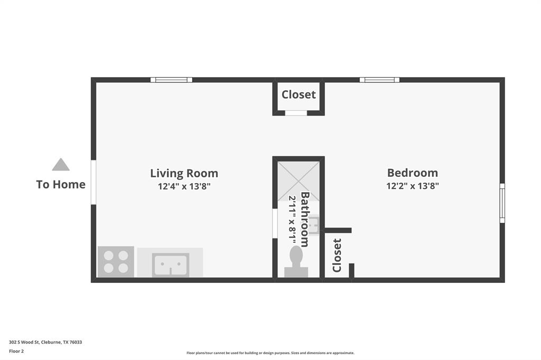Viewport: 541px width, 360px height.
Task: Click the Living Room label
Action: [x=184, y=173]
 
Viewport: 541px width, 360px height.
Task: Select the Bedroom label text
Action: [x=412, y=173]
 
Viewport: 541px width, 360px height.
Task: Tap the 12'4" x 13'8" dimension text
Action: [x=184, y=186]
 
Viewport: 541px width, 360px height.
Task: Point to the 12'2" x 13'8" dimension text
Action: [x=412, y=186]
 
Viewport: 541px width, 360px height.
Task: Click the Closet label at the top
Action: [x=299, y=94]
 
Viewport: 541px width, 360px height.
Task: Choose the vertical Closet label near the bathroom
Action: [x=337, y=255]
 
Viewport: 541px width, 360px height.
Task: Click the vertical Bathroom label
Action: [x=305, y=219]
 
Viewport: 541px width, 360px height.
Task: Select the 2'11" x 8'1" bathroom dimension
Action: [x=293, y=218]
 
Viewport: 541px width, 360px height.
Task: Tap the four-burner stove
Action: [x=116, y=262]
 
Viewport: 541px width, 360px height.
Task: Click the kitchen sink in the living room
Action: [x=170, y=264]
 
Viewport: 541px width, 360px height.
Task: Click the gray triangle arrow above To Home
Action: [x=61, y=165]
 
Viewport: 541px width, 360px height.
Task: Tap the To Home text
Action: [x=61, y=184]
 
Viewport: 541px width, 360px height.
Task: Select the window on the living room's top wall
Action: [x=171, y=80]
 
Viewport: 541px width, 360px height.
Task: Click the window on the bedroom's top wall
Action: [x=379, y=80]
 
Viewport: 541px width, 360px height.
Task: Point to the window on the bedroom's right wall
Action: [x=502, y=203]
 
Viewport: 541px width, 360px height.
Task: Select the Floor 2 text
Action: [x=16, y=351]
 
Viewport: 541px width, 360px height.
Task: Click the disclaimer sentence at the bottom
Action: [x=270, y=353]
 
